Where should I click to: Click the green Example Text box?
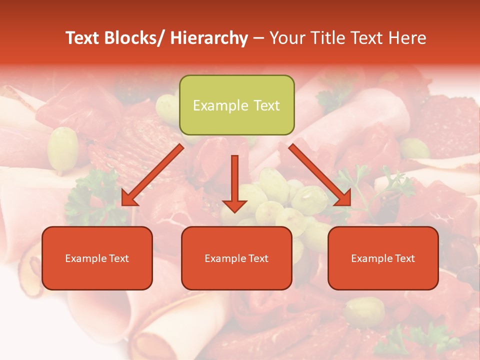click(x=236, y=105)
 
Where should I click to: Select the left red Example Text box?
click(x=97, y=258)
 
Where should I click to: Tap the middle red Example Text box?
click(x=236, y=258)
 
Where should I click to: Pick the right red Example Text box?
click(x=383, y=258)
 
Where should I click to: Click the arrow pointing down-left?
click(x=152, y=175)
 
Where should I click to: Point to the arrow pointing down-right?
click(x=320, y=175)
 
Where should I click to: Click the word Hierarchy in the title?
click(x=209, y=38)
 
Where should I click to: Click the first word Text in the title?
click(x=82, y=38)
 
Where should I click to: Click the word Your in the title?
click(x=288, y=38)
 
